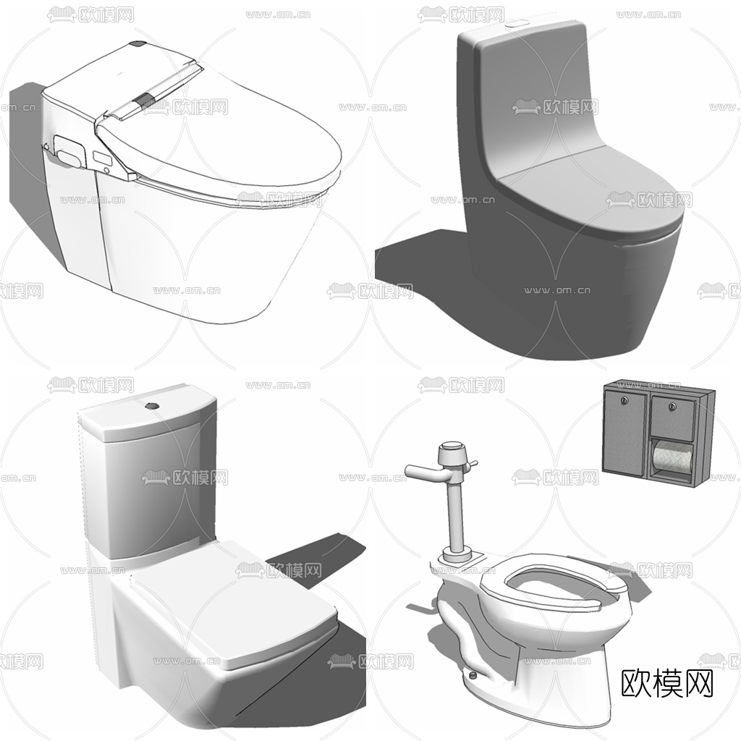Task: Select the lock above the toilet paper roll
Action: tap(672, 404)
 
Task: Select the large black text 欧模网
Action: tap(667, 682)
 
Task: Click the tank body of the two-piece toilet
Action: tap(145, 485)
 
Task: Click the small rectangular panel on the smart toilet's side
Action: tap(100, 155)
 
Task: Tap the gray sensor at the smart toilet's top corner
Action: tap(136, 45)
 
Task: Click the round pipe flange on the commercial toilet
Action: tap(457, 558)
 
